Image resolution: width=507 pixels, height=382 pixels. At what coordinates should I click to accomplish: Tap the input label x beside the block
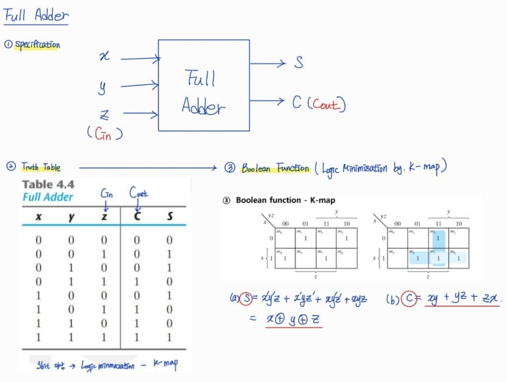tap(104, 57)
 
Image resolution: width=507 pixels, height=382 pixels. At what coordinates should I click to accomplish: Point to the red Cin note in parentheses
tap(104, 134)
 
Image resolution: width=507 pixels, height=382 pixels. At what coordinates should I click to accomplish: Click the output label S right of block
tap(299, 63)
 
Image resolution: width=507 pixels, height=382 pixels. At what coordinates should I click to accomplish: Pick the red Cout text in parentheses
tap(328, 105)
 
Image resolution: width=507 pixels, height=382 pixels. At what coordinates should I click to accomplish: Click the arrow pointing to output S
tap(268, 64)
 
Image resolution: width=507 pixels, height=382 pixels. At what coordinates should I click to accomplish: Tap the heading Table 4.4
tap(48, 185)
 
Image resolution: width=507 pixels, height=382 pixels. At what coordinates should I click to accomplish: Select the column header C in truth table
tap(137, 217)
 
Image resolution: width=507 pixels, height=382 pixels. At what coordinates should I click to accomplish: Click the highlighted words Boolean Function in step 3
tap(275, 167)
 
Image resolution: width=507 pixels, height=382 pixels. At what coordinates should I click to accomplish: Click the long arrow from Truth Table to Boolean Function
tap(150, 167)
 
